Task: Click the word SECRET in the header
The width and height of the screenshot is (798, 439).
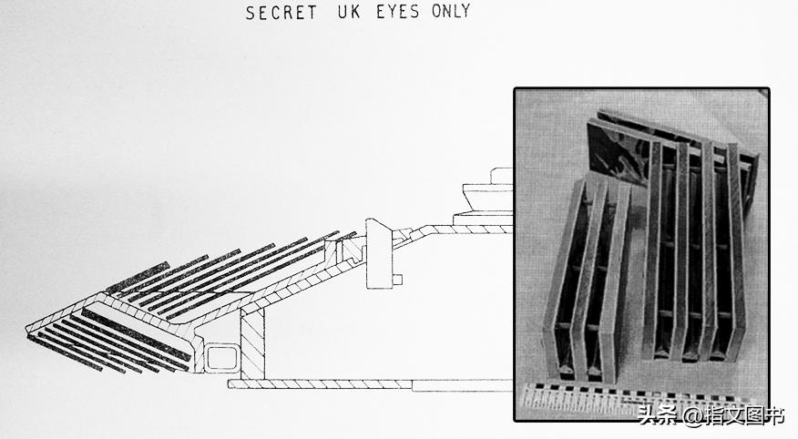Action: click(x=281, y=12)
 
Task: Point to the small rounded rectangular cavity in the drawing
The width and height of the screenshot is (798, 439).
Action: click(x=220, y=357)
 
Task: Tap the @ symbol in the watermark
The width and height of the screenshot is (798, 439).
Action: click(x=692, y=416)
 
